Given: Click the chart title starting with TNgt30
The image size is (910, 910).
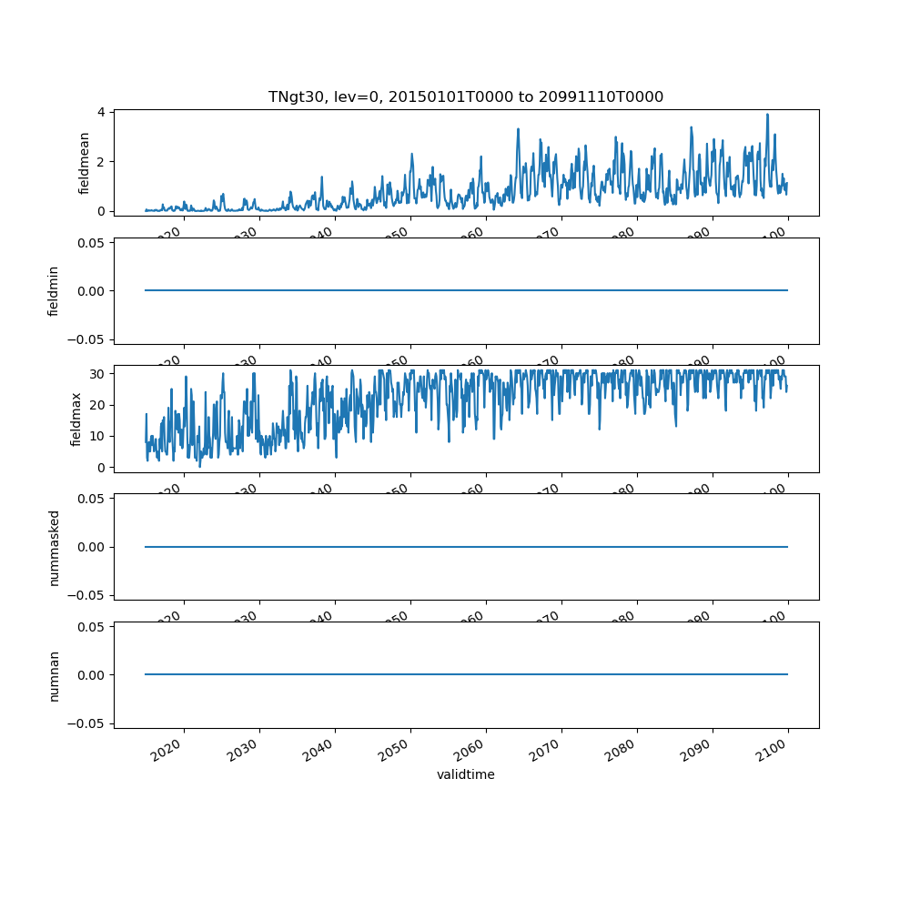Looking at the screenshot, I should (465, 96).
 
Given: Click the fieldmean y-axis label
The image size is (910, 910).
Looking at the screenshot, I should (85, 163).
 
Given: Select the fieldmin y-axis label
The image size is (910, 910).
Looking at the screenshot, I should (54, 291).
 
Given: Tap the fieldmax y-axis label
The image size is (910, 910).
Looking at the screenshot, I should (76, 419).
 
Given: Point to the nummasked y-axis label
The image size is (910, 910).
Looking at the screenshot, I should (54, 547).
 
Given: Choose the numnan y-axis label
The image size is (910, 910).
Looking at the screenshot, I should (54, 675).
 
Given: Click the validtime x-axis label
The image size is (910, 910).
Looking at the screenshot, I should (465, 775).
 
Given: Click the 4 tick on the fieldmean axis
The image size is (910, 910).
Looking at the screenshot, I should (101, 112).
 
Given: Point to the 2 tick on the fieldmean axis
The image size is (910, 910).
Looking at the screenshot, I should (101, 162).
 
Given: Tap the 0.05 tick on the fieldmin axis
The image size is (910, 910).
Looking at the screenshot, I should (90, 243).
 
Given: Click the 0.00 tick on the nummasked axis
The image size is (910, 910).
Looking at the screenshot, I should (90, 547).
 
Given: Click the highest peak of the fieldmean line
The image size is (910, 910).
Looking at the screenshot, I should (767, 115).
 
